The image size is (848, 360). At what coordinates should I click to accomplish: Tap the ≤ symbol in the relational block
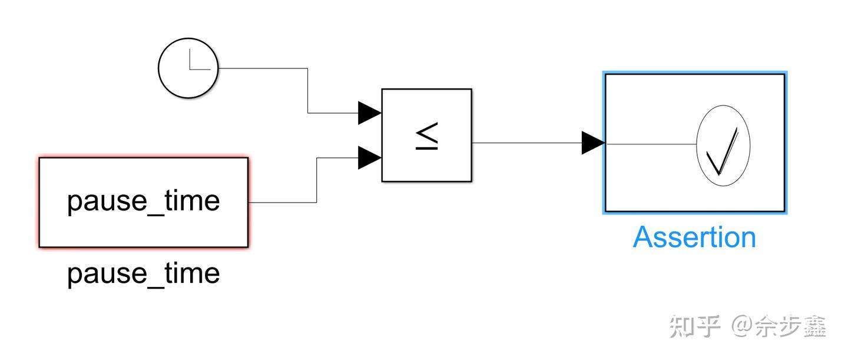click(x=427, y=136)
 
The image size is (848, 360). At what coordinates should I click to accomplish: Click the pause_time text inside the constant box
click(x=143, y=201)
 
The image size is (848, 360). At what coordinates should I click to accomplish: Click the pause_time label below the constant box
click(x=143, y=274)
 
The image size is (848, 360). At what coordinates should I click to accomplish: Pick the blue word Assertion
click(x=694, y=237)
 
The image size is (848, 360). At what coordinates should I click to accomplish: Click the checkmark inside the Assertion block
click(x=724, y=153)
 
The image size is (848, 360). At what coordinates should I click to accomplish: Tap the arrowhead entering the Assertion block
click(x=592, y=143)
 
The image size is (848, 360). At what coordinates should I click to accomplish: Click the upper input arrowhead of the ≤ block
click(x=369, y=113)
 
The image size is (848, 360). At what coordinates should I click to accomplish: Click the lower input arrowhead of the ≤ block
click(x=369, y=158)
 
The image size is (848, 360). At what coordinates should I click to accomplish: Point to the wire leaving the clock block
click(x=265, y=68)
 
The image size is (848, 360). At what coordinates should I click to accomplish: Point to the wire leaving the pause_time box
click(x=283, y=203)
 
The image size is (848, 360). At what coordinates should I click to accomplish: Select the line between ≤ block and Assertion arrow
click(x=527, y=143)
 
